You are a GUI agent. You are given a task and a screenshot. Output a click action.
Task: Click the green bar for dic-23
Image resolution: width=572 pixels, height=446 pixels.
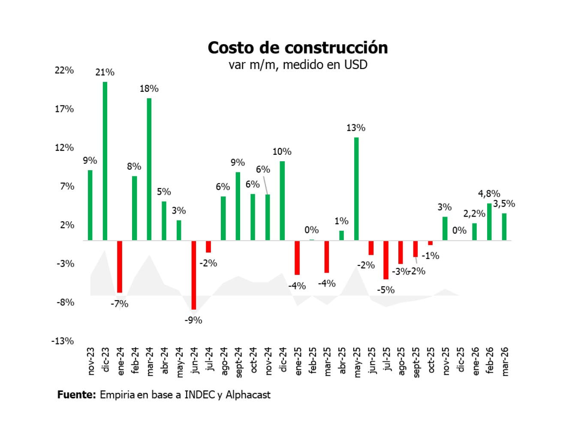click(105, 161)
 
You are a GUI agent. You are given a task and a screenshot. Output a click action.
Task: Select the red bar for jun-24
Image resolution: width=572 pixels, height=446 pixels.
click(194, 274)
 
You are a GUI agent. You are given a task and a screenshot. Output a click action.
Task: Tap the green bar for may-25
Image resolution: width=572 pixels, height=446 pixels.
click(356, 189)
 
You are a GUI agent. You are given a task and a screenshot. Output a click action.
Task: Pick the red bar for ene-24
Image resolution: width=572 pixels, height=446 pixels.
click(120, 266)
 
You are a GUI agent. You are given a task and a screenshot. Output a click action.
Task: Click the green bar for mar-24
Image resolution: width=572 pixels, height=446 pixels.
click(149, 169)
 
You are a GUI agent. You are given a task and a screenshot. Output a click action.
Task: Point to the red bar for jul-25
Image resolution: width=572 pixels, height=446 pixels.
click(386, 259)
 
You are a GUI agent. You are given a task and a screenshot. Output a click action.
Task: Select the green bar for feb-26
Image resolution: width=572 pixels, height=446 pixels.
click(489, 222)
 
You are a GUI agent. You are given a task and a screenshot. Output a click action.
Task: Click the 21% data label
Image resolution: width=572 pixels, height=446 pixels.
click(105, 72)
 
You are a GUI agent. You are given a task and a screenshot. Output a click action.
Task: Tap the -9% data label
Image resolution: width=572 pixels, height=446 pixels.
click(193, 320)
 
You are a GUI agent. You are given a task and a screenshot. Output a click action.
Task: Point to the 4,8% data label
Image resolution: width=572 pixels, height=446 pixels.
click(489, 194)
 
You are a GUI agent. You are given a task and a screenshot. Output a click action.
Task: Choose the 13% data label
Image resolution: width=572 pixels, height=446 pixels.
click(356, 128)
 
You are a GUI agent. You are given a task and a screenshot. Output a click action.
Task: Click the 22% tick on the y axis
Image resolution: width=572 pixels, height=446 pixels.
click(64, 70)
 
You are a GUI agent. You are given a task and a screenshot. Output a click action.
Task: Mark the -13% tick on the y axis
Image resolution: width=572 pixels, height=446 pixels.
click(63, 341)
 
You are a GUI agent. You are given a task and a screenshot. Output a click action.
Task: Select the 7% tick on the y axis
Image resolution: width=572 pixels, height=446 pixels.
click(67, 186)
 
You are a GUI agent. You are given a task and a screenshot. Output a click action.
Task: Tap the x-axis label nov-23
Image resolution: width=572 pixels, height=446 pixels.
click(90, 361)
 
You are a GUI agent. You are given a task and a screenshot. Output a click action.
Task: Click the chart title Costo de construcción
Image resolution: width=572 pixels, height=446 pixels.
click(298, 48)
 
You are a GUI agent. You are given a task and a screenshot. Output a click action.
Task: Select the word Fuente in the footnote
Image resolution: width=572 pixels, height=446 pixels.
click(76, 395)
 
